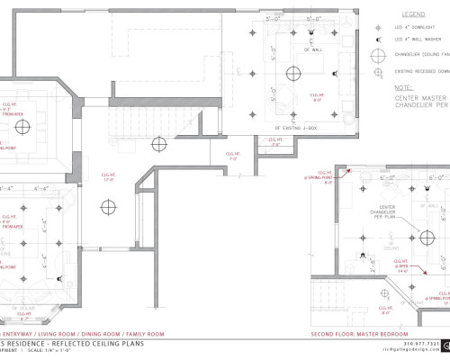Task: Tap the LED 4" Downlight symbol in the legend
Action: click(x=379, y=28)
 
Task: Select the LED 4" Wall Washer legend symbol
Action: click(x=379, y=40)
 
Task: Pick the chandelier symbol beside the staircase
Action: click(x=158, y=142)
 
